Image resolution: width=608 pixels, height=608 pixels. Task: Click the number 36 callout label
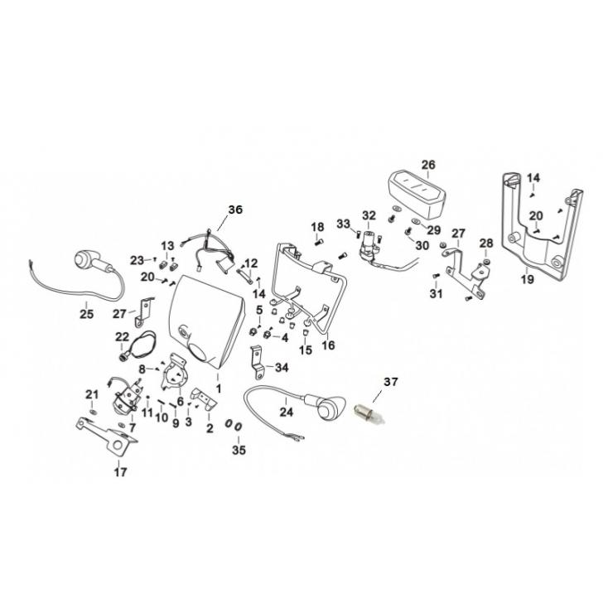[x=235, y=210]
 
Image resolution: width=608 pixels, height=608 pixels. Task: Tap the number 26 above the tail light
[x=428, y=165]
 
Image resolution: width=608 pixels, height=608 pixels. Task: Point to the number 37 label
[x=391, y=382]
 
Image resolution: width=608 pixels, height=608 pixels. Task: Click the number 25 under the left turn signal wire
[x=87, y=314]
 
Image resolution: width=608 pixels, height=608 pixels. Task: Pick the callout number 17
[x=120, y=474]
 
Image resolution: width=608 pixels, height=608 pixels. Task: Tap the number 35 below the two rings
[x=239, y=451]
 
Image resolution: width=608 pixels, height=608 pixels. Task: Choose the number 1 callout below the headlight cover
[x=219, y=388]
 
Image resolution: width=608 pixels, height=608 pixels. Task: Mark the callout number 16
[x=329, y=345]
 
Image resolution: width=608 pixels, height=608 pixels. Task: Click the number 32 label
[x=369, y=215]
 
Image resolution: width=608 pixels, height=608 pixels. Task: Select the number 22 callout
[x=122, y=336]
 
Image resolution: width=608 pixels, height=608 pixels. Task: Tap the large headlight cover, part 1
[x=205, y=319]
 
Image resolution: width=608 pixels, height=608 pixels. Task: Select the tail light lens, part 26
[x=417, y=186]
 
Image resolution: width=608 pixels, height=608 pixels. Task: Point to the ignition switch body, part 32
[x=365, y=240]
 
